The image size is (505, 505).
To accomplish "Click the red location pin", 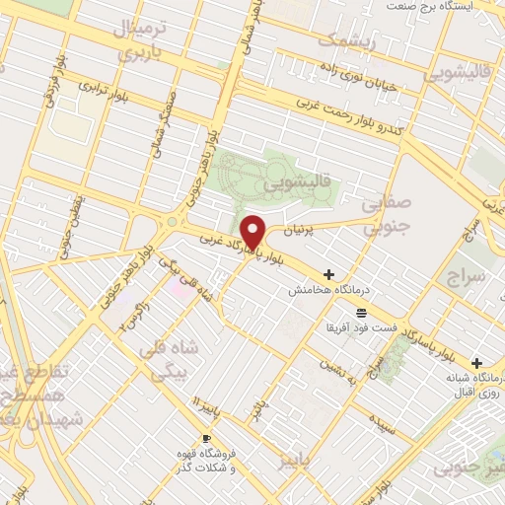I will [x=253, y=231].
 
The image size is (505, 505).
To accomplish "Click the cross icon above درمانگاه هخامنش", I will [x=328, y=273].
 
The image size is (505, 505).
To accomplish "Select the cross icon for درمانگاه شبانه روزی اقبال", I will [x=477, y=363].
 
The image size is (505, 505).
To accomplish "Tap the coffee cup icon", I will [x=206, y=438].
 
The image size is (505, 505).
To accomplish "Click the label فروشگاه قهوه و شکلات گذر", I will [x=204, y=461].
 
